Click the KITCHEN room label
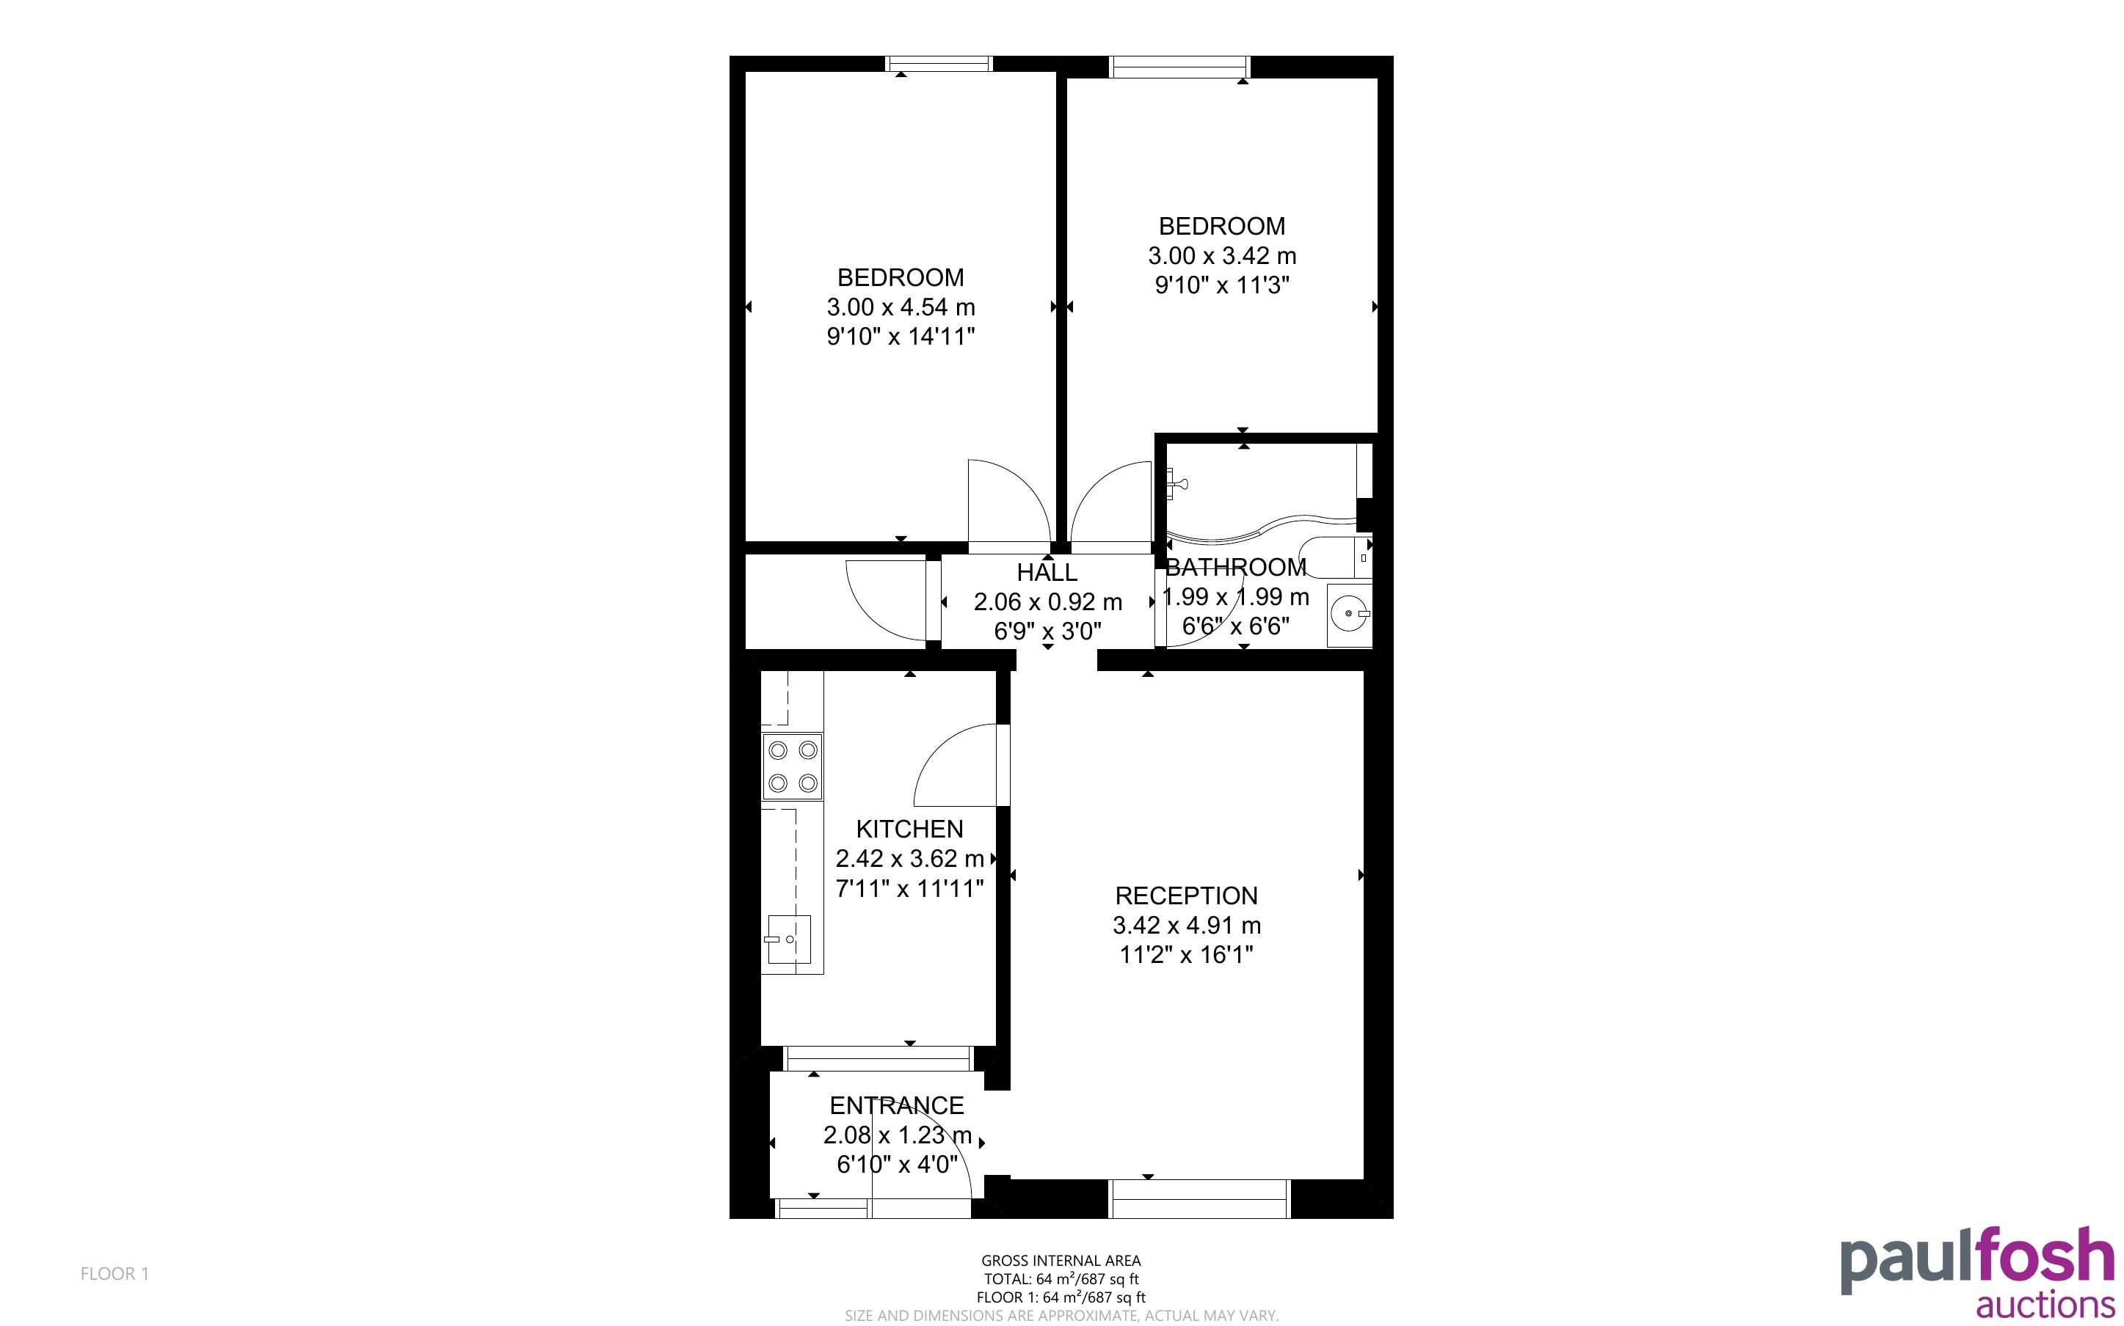(909, 829)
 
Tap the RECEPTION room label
(1186, 895)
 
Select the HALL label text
(1047, 573)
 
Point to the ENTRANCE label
(897, 1105)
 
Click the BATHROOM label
(1235, 568)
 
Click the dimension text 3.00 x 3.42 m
(1222, 256)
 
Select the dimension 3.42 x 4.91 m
(1187, 926)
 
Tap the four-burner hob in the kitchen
(792, 766)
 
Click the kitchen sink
(789, 939)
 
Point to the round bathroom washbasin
(1348, 614)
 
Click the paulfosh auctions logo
(1976, 1272)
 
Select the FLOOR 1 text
(115, 1273)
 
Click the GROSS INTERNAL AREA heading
(1061, 1261)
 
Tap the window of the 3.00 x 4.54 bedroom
(939, 63)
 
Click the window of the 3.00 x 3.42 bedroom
(1179, 66)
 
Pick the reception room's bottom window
(1199, 1199)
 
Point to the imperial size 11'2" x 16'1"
(1186, 954)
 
